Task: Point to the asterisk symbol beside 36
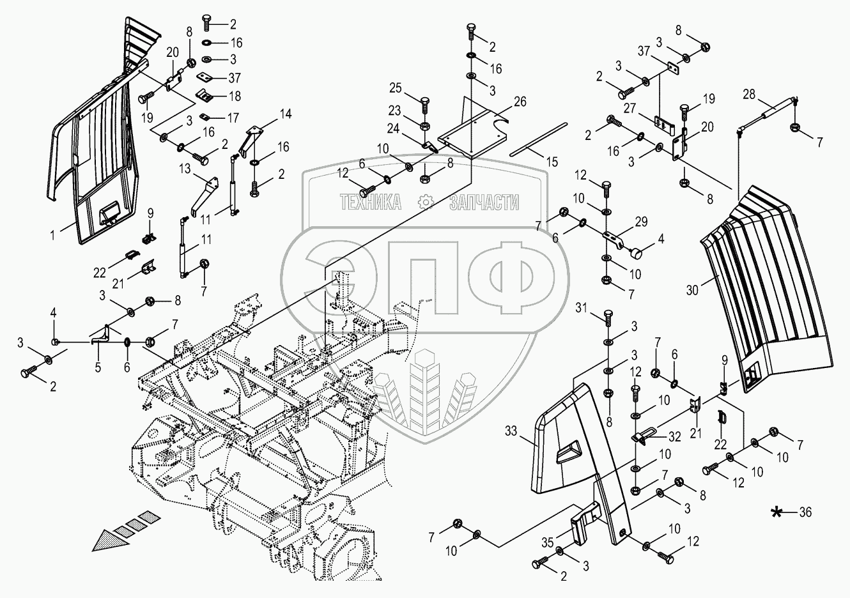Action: click(x=778, y=511)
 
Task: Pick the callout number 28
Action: click(x=748, y=95)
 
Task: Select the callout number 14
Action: click(x=285, y=114)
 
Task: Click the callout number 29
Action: click(x=641, y=222)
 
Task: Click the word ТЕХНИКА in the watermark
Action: click(x=371, y=203)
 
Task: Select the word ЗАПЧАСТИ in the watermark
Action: click(x=484, y=203)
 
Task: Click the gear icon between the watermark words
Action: click(x=426, y=203)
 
